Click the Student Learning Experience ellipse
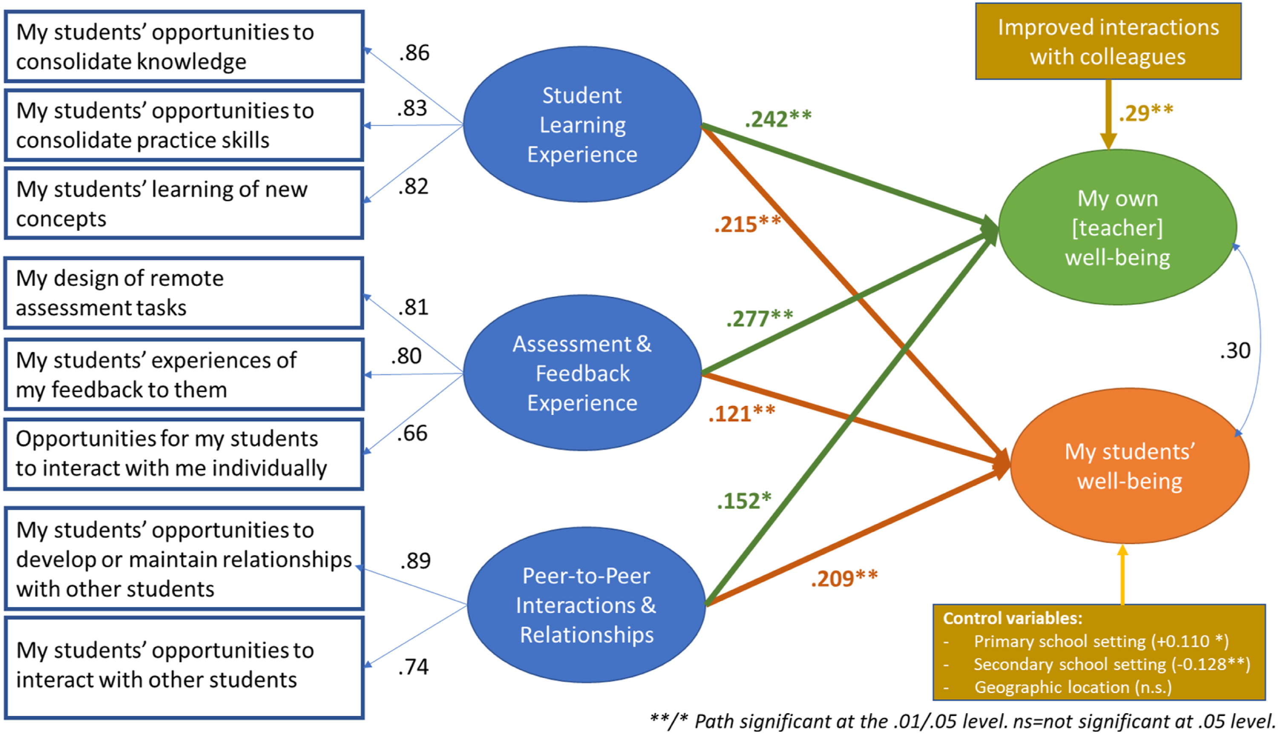click(582, 124)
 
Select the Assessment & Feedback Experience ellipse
click(582, 373)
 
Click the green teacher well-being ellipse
click(1117, 227)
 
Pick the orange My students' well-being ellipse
click(1129, 466)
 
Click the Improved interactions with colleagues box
click(1108, 41)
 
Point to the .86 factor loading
click(414, 52)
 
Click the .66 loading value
click(412, 433)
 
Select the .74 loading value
click(413, 667)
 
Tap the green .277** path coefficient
click(760, 318)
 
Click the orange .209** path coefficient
click(844, 578)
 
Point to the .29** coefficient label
click(1146, 113)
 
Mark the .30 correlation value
click(1235, 350)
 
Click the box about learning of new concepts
click(184, 203)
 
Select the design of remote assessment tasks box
click(184, 293)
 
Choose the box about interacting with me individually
click(184, 454)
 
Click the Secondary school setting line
click(1112, 665)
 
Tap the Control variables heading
click(1013, 618)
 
